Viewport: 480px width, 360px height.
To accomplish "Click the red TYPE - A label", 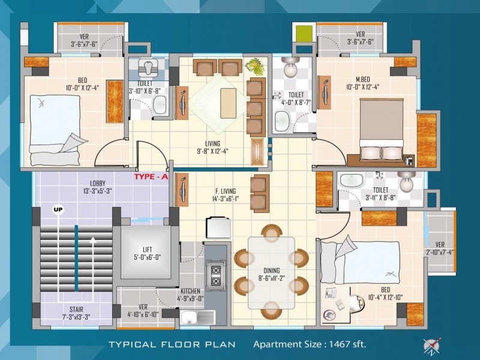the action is pyautogui.click(x=151, y=176).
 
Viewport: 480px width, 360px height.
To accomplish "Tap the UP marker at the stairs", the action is pyautogui.click(x=58, y=209).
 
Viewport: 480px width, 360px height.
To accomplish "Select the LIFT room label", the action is pyautogui.click(x=147, y=250).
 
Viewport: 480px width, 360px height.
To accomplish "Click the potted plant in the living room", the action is pyautogui.click(x=254, y=67).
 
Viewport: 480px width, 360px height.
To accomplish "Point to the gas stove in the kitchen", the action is pyautogui.click(x=216, y=275).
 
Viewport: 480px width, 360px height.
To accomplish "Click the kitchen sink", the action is pyautogui.click(x=197, y=317).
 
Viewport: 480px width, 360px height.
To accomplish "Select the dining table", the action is pyautogui.click(x=271, y=273).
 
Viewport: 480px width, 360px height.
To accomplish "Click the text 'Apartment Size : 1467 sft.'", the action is pyautogui.click(x=310, y=344).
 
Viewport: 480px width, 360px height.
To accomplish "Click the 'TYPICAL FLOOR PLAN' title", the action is pyautogui.click(x=172, y=344).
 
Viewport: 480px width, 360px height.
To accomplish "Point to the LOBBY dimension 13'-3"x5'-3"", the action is pyautogui.click(x=97, y=191).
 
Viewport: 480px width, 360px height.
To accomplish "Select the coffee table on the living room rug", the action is pyautogui.click(x=228, y=103).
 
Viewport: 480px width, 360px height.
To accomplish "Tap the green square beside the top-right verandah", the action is pyautogui.click(x=304, y=34).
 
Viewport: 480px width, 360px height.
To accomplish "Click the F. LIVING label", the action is pyautogui.click(x=226, y=191).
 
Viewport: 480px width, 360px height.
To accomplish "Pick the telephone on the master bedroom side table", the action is pyautogui.click(x=409, y=160).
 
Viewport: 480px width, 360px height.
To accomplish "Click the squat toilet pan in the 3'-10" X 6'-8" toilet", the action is pyautogui.click(x=148, y=68).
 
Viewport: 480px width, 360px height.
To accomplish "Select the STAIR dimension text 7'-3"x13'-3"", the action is pyautogui.click(x=76, y=317).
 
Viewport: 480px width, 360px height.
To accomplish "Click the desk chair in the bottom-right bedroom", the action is pyautogui.click(x=357, y=304).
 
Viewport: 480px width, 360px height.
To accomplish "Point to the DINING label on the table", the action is pyautogui.click(x=272, y=271).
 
